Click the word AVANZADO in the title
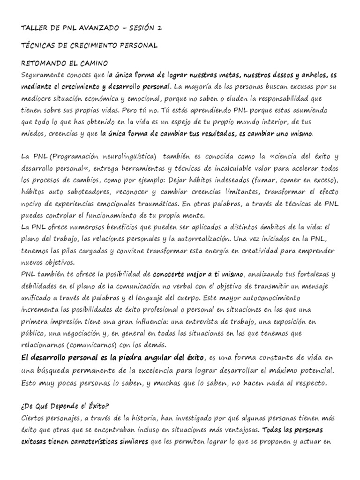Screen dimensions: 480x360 click(x=93, y=29)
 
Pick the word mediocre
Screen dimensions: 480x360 click(x=38, y=99)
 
